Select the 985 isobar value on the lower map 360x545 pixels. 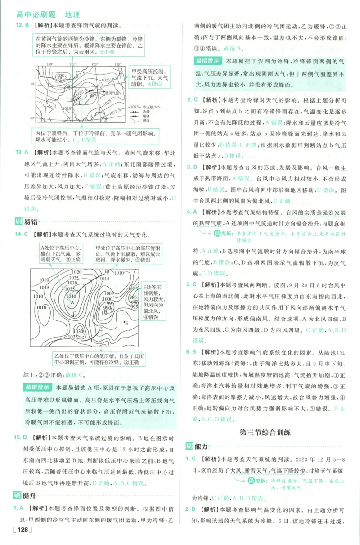(x=134, y=297)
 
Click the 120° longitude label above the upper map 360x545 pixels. (x=94, y=65)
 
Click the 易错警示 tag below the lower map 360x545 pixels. (x=37, y=387)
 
